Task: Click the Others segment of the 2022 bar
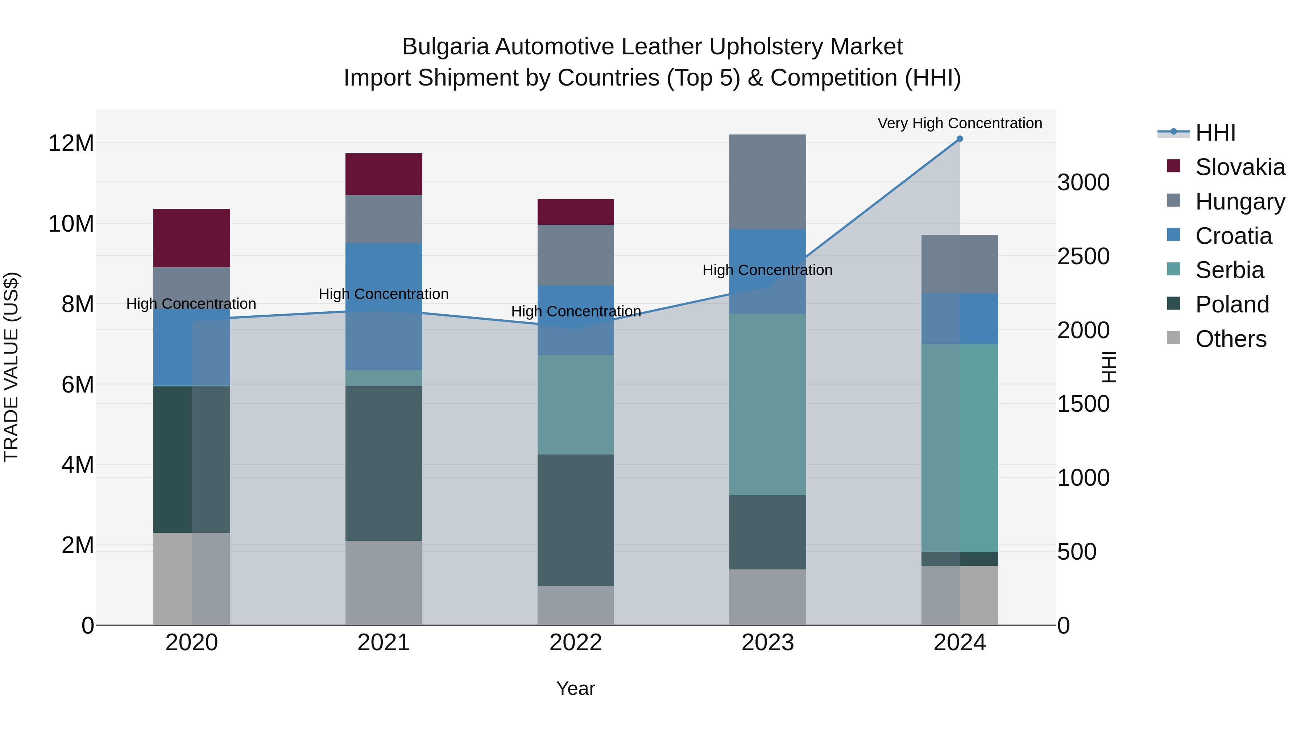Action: click(576, 605)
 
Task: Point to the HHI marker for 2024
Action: click(960, 139)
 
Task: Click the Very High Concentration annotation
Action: click(960, 123)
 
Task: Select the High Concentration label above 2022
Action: click(576, 311)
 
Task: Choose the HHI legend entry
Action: click(1215, 133)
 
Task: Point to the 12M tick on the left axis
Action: click(71, 143)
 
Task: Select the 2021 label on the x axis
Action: click(384, 643)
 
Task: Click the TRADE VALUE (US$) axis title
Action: click(11, 367)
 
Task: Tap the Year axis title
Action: click(576, 688)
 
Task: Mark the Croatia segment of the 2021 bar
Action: click(384, 306)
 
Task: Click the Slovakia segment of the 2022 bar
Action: click(576, 212)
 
